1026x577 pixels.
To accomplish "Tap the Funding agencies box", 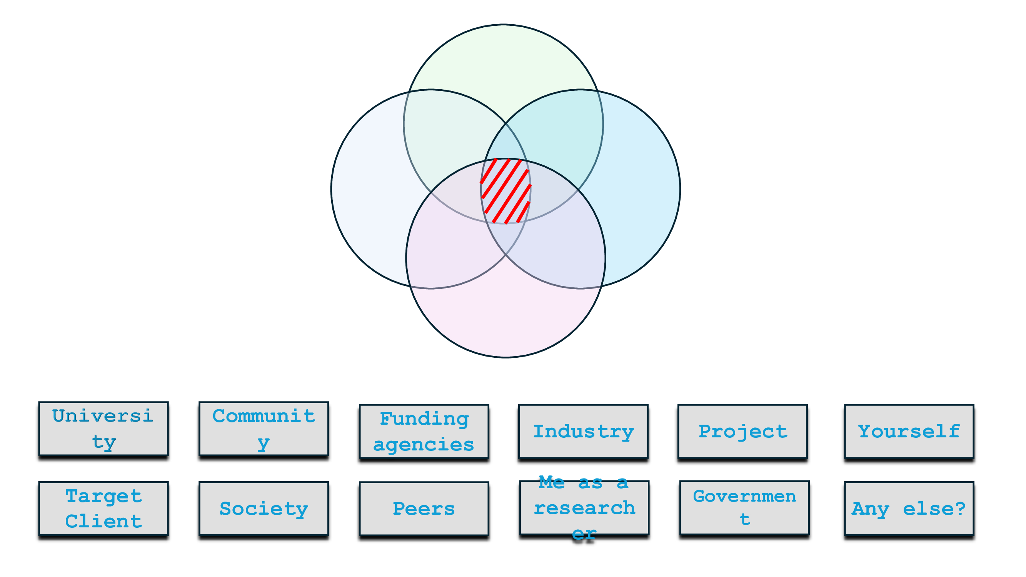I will click(424, 431).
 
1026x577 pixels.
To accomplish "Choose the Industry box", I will click(583, 431).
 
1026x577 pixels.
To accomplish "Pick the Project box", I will click(742, 431).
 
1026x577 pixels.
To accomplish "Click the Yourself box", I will click(909, 431).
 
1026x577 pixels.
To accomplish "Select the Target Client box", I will click(103, 509).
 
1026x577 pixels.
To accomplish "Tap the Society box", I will click(264, 509).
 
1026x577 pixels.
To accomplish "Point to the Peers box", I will click(424, 509).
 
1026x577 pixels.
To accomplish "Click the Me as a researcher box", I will click(584, 508).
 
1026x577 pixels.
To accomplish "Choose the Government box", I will click(744, 508).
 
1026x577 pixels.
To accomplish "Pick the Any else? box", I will click(909, 509).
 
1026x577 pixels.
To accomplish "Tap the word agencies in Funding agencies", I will click(424, 444).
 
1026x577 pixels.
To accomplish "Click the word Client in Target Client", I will click(103, 521).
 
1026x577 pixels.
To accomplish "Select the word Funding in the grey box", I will click(424, 419).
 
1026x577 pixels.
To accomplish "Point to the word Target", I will click(103, 496).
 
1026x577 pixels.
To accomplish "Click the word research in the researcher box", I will click(584, 508).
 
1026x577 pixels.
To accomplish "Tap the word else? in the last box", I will click(934, 509).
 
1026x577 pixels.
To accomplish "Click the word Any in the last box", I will click(870, 509).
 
